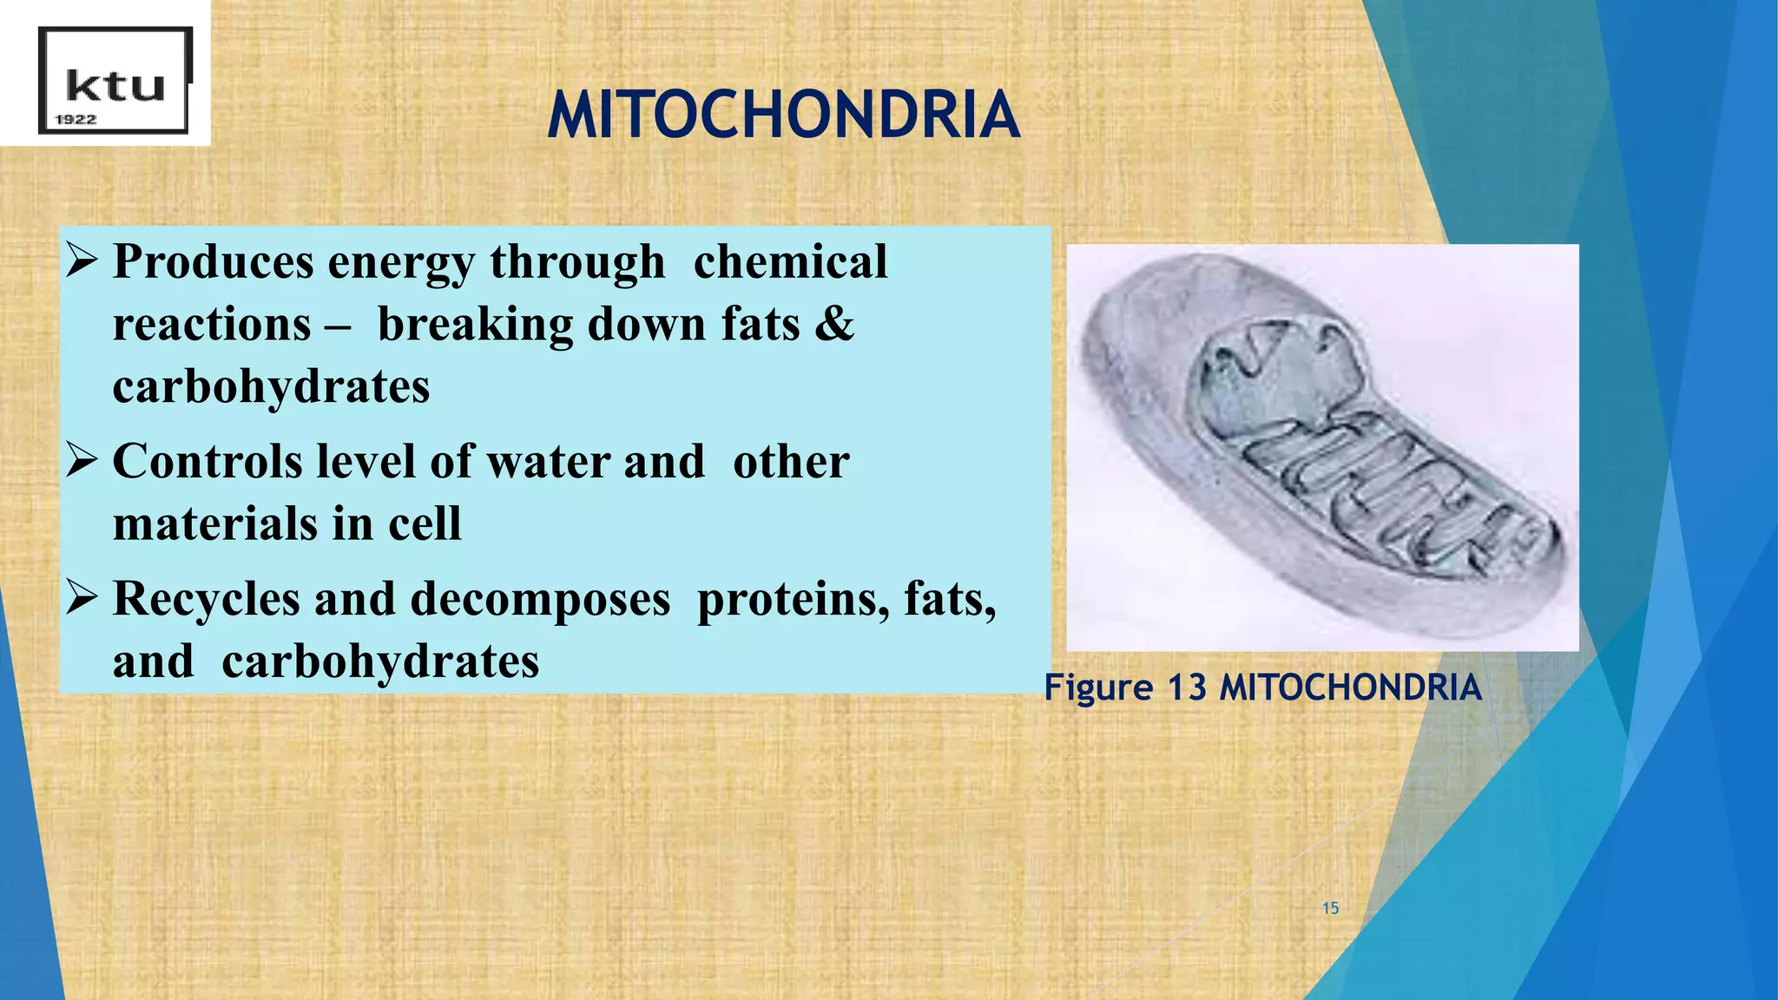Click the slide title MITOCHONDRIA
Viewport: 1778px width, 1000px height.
(x=783, y=115)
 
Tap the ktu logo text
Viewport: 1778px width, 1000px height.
(x=115, y=86)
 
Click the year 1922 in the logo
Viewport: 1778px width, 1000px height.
(x=76, y=120)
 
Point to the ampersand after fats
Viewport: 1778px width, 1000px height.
(x=835, y=323)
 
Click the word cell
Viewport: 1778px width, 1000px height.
(x=425, y=523)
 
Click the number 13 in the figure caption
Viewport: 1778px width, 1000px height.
(x=1187, y=687)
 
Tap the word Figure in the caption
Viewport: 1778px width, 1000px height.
(x=1097, y=687)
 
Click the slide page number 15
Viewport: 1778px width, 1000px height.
(x=1330, y=908)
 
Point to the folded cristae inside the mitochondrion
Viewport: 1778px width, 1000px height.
(x=1380, y=486)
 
